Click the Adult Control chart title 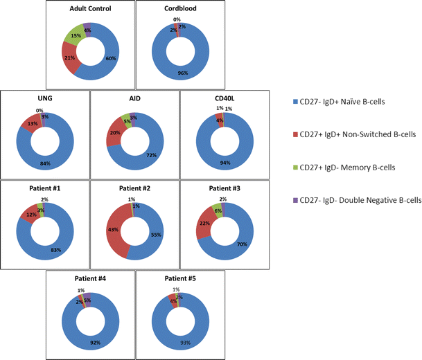pyautogui.click(x=90, y=8)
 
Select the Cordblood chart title pyautogui.click(x=179, y=8)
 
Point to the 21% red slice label pyautogui.click(x=69, y=57)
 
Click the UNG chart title pyautogui.click(x=46, y=98)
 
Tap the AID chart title pyautogui.click(x=134, y=98)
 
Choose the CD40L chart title pyautogui.click(x=224, y=98)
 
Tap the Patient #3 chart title pyautogui.click(x=224, y=188)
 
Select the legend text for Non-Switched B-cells pyautogui.click(x=353, y=134)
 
